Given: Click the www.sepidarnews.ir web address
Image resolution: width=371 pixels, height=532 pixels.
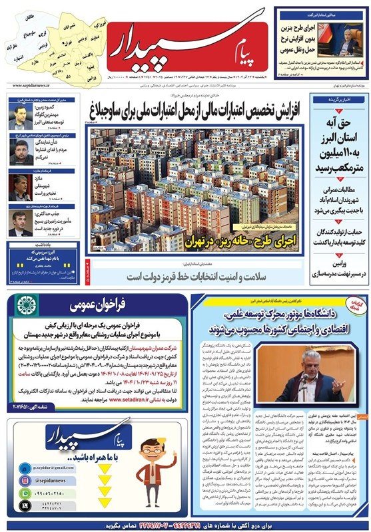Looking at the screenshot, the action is [x=34, y=86].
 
